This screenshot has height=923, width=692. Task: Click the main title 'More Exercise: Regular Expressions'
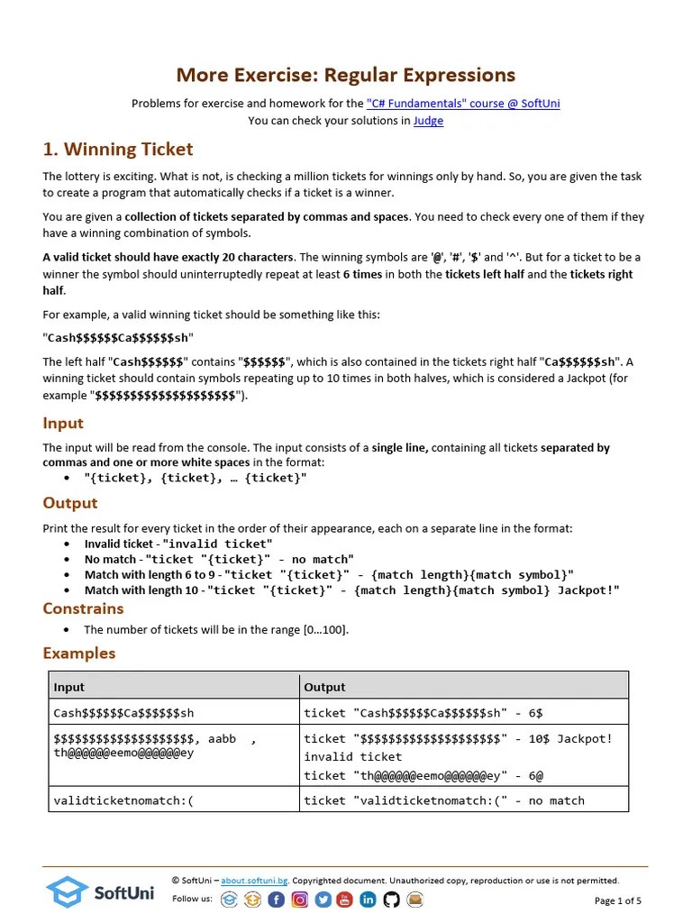345,75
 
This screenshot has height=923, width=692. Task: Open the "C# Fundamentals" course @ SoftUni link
463,104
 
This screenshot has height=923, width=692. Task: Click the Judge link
428,121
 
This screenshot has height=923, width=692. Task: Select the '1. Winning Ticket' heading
118,150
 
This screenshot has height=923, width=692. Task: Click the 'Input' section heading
63,424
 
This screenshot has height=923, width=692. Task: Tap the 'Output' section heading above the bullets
70,503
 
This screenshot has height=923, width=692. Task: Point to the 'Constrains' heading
83,608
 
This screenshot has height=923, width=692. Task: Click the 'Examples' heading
79,653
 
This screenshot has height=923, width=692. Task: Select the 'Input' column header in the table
69,687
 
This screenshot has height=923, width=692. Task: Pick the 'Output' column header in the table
324,687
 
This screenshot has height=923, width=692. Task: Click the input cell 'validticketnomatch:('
123,800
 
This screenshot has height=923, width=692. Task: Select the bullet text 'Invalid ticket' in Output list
119,544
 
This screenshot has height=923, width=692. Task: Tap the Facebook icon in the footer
276,900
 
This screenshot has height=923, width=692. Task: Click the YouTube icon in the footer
345,900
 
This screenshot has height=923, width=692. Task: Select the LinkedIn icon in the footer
368,900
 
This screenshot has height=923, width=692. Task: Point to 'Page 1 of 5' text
618,900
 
